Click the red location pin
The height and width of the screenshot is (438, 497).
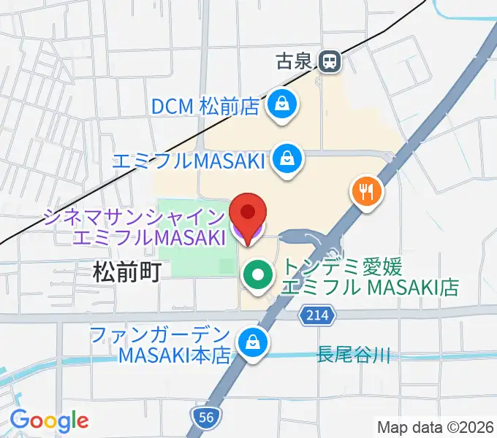pos(248,216)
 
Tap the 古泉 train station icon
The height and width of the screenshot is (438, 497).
pos(331,62)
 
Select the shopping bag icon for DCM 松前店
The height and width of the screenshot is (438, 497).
pos(280,105)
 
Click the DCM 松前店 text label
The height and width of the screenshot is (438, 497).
pos(205,107)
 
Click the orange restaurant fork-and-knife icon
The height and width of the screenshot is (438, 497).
pos(366,192)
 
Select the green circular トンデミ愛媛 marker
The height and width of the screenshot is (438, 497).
pos(257,276)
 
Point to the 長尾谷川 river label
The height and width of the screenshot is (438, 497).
pos(353,356)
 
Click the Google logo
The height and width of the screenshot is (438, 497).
pos(49,420)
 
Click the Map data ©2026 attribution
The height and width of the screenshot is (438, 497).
pos(436,427)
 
